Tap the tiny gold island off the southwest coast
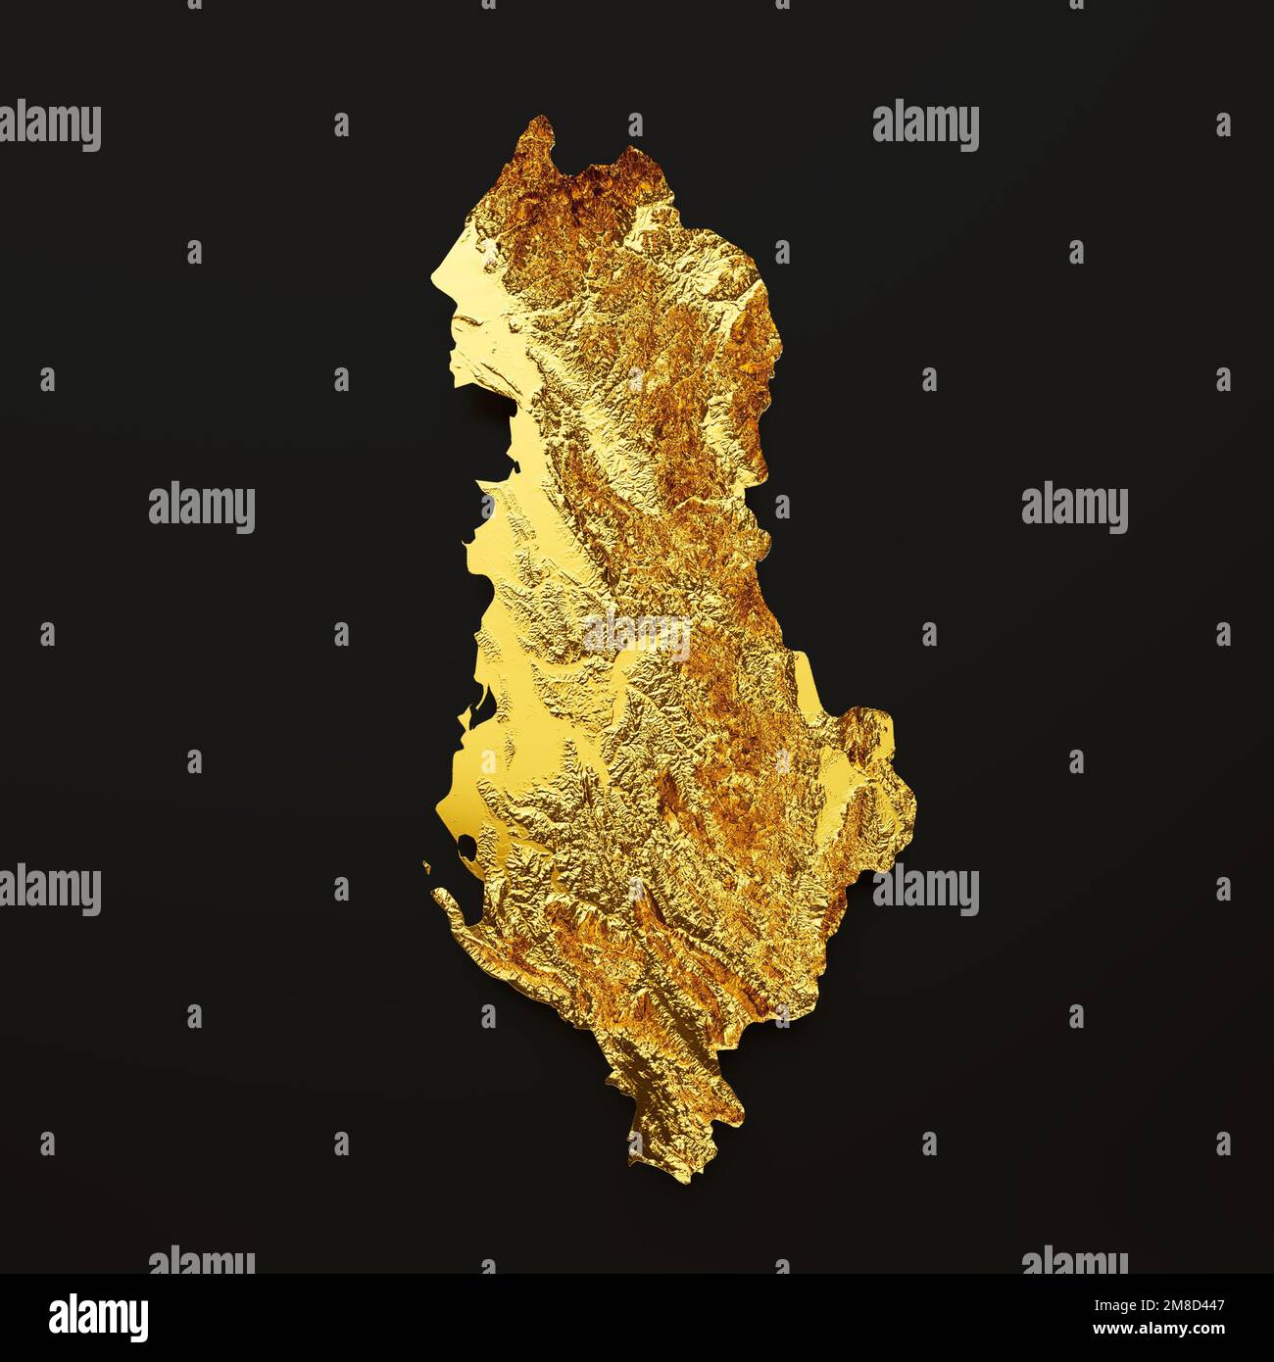click(x=427, y=864)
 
